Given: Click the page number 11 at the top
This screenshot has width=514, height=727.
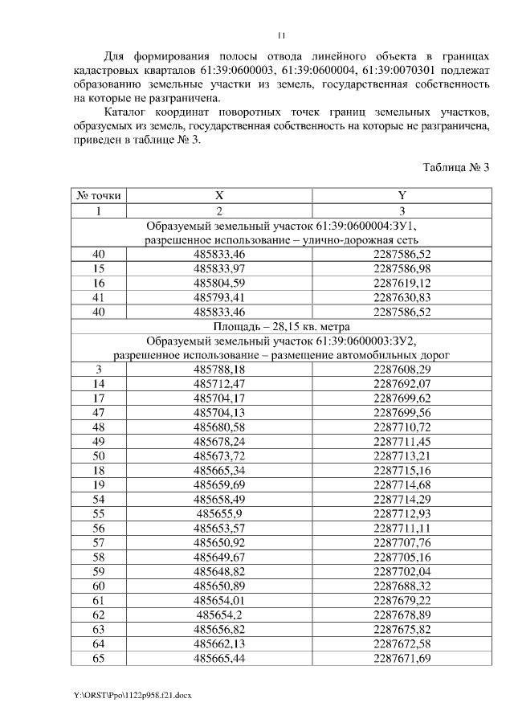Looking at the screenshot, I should pyautogui.click(x=281, y=35).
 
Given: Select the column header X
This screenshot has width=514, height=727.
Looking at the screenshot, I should pyautogui.click(x=218, y=195).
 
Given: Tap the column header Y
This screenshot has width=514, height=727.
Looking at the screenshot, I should pyautogui.click(x=402, y=195).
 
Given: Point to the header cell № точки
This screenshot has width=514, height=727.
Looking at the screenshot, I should pyautogui.click(x=99, y=195).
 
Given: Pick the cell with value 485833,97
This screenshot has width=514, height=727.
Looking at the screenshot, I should pyautogui.click(x=219, y=268).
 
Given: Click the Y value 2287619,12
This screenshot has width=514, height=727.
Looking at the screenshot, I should pyautogui.click(x=402, y=283).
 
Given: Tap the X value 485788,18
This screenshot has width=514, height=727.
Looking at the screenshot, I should pyautogui.click(x=219, y=370).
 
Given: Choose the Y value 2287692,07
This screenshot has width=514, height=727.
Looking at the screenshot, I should pyautogui.click(x=402, y=384).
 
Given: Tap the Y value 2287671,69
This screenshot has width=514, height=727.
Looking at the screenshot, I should pyautogui.click(x=402, y=659).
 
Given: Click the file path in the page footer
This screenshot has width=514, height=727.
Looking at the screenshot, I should pyautogui.click(x=132, y=693).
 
